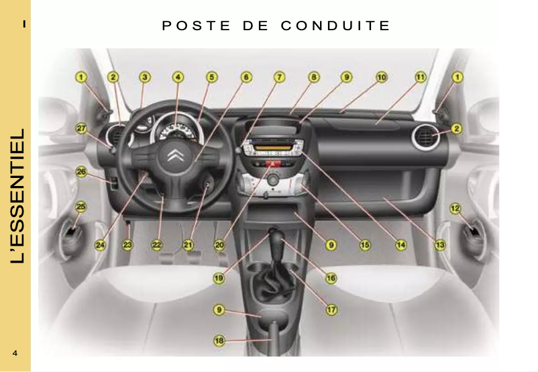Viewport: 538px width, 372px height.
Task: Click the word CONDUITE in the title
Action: tap(335, 26)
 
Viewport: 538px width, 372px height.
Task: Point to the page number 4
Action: tap(15, 353)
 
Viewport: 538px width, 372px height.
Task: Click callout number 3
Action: tap(145, 77)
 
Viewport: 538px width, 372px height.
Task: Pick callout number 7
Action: tap(278, 77)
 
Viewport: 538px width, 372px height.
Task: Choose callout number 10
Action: tap(380, 77)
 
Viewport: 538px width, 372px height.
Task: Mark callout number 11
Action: tap(420, 77)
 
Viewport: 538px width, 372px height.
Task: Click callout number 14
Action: tap(400, 245)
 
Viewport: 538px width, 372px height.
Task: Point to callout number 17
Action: tap(331, 310)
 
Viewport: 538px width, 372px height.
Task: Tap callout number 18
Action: tap(219, 341)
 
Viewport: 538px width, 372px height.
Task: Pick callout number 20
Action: tap(219, 245)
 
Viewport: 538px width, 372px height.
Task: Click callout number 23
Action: tap(127, 245)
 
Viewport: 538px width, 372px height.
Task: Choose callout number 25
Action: tap(80, 206)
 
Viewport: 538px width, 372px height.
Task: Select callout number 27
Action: tap(80, 128)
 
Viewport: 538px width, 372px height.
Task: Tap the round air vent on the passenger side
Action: tap(425, 140)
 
